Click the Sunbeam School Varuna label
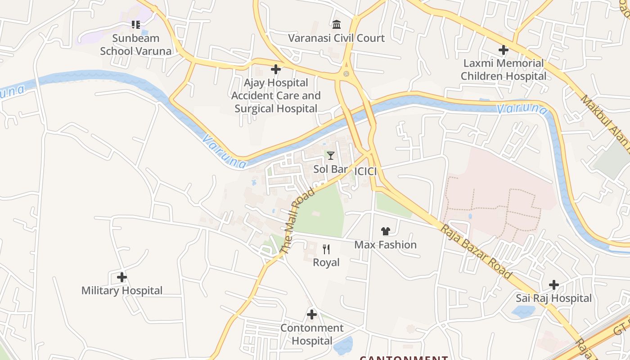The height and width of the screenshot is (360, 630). tap(135, 45)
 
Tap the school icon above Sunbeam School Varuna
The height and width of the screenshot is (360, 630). tap(135, 24)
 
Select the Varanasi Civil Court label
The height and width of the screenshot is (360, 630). tap(336, 38)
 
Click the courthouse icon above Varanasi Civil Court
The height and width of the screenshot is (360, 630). tap(336, 24)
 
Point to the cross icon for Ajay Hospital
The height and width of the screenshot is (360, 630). tap(276, 69)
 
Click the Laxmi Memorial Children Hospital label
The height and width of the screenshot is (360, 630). tap(503, 69)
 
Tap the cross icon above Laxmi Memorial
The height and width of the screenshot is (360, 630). tap(503, 50)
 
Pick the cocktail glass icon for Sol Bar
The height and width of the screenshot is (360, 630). tap(331, 156)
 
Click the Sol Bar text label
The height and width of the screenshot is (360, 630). tap(330, 169)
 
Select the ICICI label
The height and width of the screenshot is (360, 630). tap(365, 171)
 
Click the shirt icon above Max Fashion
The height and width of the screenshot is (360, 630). tap(385, 231)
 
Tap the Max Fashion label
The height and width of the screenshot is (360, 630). tap(385, 245)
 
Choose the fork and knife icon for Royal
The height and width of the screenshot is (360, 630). tap(326, 249)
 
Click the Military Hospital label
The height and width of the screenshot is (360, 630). tap(121, 291)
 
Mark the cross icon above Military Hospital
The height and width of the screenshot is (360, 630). tap(121, 277)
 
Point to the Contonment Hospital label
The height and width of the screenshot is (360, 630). tap(311, 334)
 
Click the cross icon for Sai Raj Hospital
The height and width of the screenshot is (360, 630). tap(553, 285)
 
